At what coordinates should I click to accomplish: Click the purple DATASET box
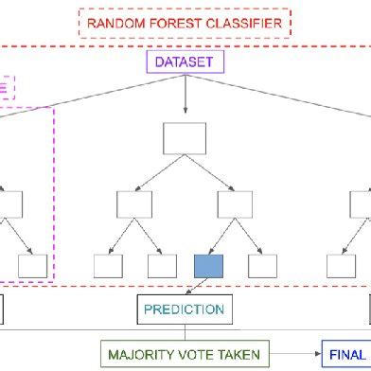tap(185, 63)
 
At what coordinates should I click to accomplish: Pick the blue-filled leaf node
tap(208, 266)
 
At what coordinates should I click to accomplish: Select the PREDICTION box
tap(185, 309)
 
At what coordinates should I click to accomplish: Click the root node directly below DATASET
tap(185, 139)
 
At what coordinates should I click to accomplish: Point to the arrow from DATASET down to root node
tap(185, 99)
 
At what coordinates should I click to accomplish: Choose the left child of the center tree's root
tap(134, 203)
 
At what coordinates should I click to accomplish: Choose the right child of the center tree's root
tap(234, 203)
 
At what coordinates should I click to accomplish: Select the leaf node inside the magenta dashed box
tap(32, 266)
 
